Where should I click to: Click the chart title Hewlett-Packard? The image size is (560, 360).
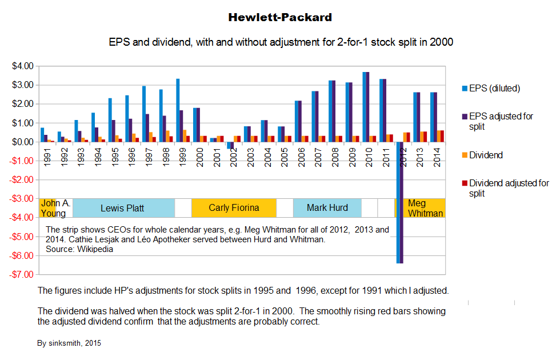[x=279, y=17]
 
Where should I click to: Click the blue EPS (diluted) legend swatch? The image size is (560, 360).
[x=464, y=89]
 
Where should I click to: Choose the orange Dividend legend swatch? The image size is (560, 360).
[x=464, y=155]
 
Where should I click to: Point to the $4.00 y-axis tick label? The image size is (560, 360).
[x=23, y=66]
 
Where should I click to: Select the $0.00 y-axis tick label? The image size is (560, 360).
[x=23, y=142]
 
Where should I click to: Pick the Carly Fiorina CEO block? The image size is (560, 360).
[x=234, y=208]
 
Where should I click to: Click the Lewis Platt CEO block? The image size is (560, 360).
[x=122, y=208]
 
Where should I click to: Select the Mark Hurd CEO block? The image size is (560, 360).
[x=327, y=208]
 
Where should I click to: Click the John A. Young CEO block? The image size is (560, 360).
[x=55, y=208]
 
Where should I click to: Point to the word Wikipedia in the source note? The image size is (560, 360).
[x=95, y=249]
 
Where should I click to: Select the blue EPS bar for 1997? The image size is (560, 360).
[x=144, y=114]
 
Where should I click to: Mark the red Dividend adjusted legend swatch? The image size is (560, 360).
[x=464, y=183]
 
